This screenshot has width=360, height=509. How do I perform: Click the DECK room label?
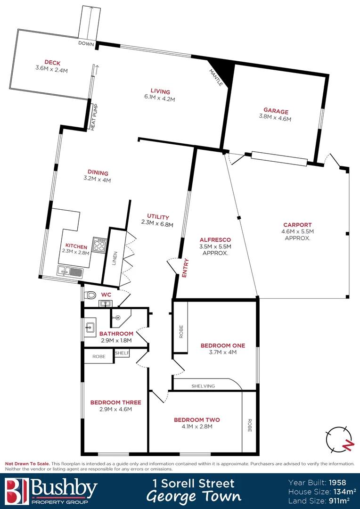[x=52, y=63]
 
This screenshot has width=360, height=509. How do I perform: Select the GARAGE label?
[x=276, y=112]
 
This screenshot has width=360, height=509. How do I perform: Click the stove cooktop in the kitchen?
[x=99, y=245]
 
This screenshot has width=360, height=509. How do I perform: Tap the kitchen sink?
[x=69, y=271]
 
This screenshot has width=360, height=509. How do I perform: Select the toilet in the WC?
[x=90, y=296]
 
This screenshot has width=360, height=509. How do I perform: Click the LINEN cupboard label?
[x=115, y=258]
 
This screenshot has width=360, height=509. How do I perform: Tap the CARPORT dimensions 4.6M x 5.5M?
[x=297, y=231]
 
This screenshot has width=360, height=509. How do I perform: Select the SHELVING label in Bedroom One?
[x=203, y=386]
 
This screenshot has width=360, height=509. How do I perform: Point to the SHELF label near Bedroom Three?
[x=122, y=353]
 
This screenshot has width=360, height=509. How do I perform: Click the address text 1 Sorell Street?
[x=194, y=483]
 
